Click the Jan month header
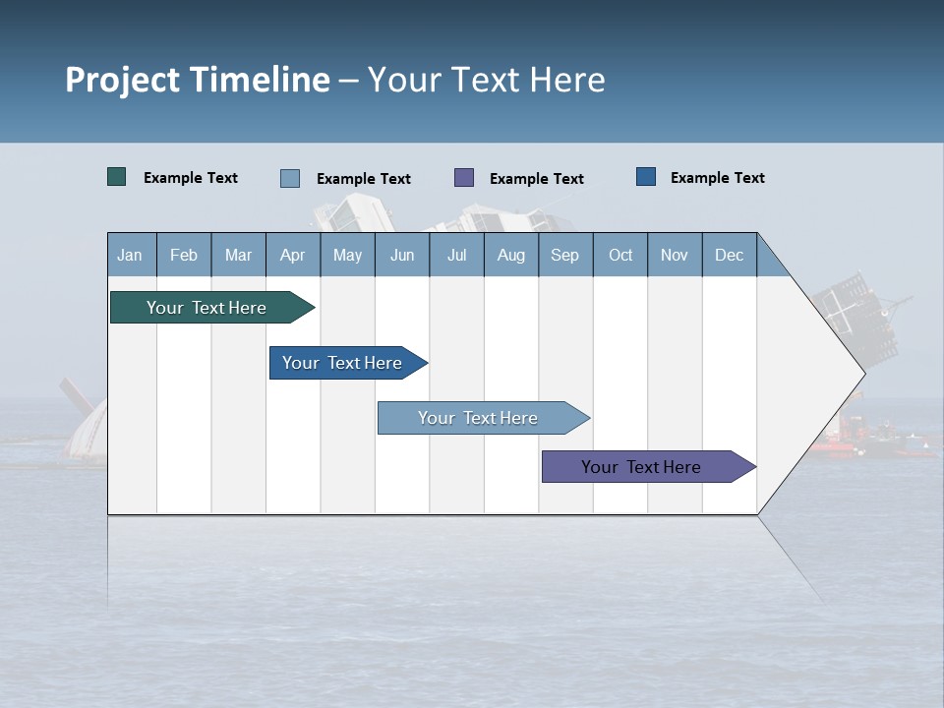[x=130, y=255]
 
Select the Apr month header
[x=292, y=255]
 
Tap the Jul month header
[x=456, y=255]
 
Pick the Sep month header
[x=564, y=255]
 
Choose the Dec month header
[x=729, y=255]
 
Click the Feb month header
[x=184, y=255]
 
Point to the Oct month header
[x=620, y=255]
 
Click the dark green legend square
[x=117, y=177]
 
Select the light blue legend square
[x=290, y=178]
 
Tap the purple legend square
[x=464, y=177]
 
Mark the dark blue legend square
[x=646, y=177]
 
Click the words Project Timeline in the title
[x=198, y=80]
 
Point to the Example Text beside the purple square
[x=537, y=179]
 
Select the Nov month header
[x=675, y=255]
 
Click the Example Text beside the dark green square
[x=191, y=178]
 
